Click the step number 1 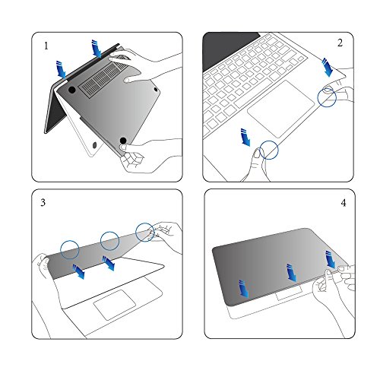pos(46,46)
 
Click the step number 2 pos(340,43)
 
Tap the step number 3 pos(43,202)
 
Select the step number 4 pos(344,203)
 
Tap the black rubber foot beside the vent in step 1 pos(72,90)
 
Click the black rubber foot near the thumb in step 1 pos(123,141)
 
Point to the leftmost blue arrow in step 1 pos(61,69)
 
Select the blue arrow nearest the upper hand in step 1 pos(97,49)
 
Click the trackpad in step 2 pos(280,109)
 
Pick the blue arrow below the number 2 pos(327,67)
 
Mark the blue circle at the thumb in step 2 pos(269,150)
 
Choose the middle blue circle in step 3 pos(109,241)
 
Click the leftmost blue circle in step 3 pos(70,250)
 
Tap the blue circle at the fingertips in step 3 pos(144,232)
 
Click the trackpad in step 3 pos(115,305)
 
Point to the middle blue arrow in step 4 pos(292,273)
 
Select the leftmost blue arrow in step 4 pos(244,289)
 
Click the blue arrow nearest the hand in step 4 pos(331,260)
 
